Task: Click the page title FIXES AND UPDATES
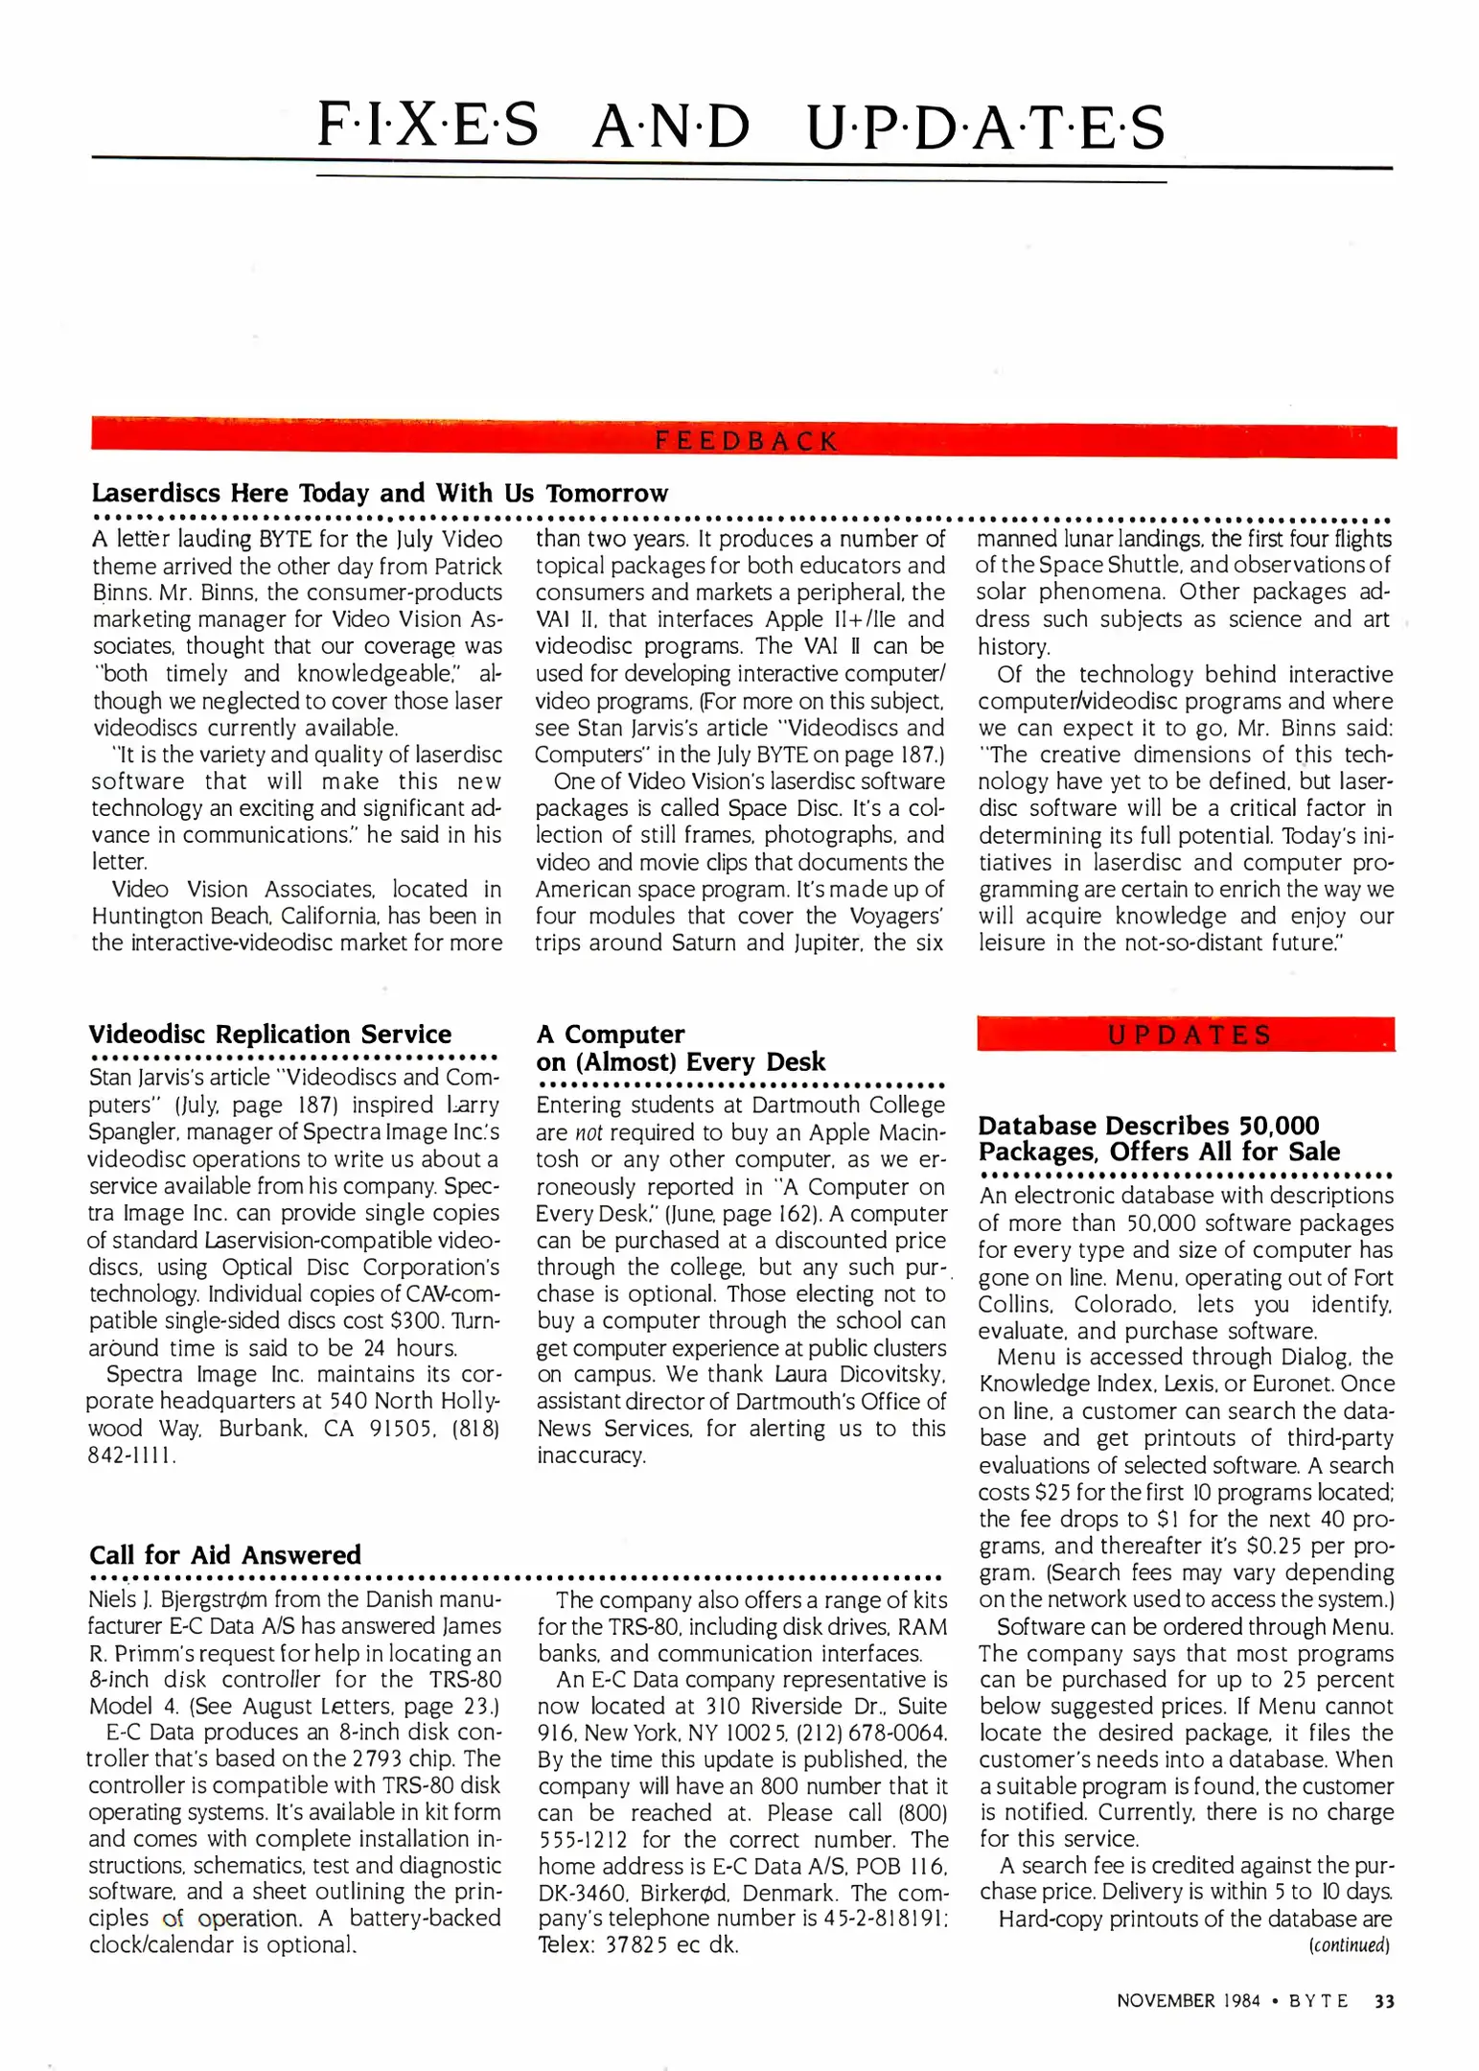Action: point(740,127)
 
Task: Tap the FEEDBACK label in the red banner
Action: point(746,441)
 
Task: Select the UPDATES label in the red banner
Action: point(1189,1035)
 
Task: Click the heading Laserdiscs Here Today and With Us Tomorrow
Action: point(380,493)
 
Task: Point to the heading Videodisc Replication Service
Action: point(269,1034)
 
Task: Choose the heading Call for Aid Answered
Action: point(225,1554)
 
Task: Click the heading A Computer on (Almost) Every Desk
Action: point(680,1048)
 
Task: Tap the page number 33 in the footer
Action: point(1384,2001)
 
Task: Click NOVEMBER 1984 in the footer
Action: point(1188,2001)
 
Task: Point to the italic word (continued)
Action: point(1349,1945)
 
